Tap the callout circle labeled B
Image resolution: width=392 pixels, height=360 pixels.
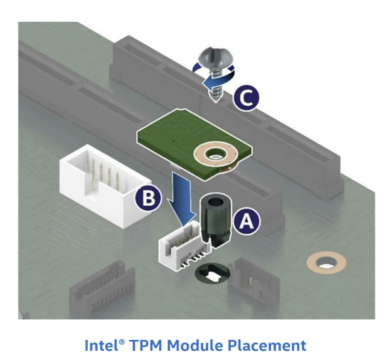[x=148, y=199]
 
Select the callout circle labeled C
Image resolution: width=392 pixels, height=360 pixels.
[x=246, y=98]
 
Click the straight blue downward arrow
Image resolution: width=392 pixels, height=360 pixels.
[x=181, y=197]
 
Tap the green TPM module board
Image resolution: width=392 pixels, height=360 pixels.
[x=195, y=144]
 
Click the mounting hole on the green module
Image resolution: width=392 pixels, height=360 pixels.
[x=215, y=154]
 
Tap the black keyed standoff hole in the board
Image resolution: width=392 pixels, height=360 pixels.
[x=212, y=273]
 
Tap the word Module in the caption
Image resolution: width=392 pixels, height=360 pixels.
[x=195, y=346]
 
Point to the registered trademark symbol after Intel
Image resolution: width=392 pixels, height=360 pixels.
[x=122, y=342]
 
